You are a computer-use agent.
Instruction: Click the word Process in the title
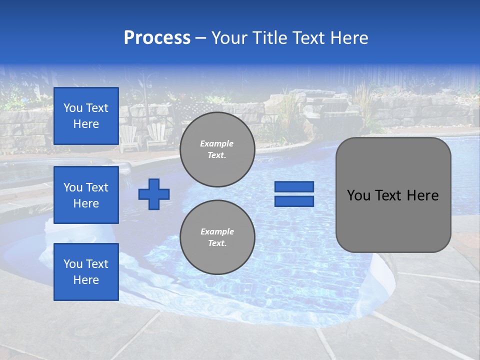(x=157, y=38)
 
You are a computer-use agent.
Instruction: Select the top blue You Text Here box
(x=86, y=116)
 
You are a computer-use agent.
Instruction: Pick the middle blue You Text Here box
(x=86, y=195)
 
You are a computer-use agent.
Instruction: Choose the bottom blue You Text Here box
(x=86, y=272)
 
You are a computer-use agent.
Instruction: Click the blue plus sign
(x=154, y=194)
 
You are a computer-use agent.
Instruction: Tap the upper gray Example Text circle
(x=217, y=149)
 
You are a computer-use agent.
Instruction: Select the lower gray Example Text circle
(x=217, y=237)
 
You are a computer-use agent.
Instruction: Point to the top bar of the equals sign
(x=294, y=187)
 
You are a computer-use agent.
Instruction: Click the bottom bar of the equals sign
(x=294, y=201)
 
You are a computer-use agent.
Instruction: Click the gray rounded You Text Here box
(x=393, y=220)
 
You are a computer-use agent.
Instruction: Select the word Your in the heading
(x=228, y=38)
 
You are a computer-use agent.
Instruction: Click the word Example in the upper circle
(x=217, y=143)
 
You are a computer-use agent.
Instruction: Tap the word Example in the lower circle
(x=217, y=231)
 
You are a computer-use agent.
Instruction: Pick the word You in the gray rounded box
(x=358, y=195)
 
